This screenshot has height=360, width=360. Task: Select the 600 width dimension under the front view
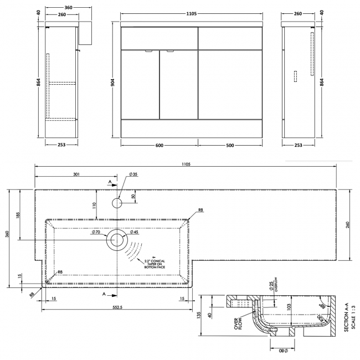tap(160, 146)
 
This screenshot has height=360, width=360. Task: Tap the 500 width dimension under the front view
tap(237, 146)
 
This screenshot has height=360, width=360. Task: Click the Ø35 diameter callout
tap(133, 175)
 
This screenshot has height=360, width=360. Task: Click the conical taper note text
tap(156, 264)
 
